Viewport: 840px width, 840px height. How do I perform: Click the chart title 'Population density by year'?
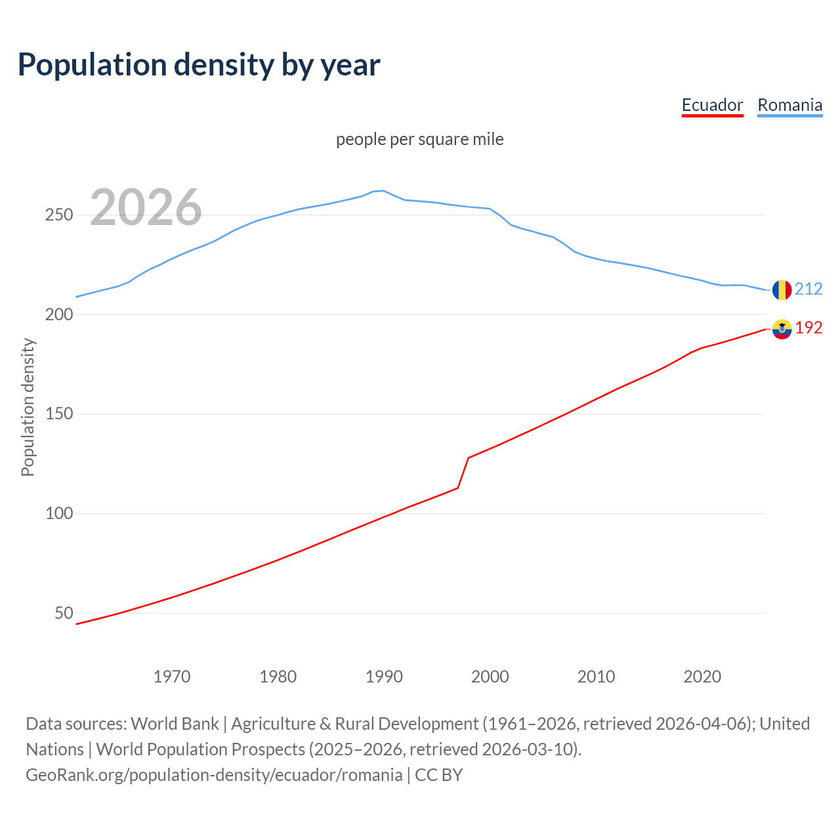pyautogui.click(x=199, y=65)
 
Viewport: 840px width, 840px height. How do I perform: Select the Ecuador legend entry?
pyautogui.click(x=712, y=105)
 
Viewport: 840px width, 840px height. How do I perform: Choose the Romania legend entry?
pyautogui.click(x=789, y=105)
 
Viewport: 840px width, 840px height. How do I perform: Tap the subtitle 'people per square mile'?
pyautogui.click(x=419, y=139)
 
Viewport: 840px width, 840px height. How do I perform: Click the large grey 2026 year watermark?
pyautogui.click(x=146, y=208)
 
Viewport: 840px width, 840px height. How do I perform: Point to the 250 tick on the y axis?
pyautogui.click(x=58, y=215)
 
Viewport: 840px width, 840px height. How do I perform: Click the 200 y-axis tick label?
pyautogui.click(x=58, y=315)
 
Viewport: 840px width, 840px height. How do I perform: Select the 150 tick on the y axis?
pyautogui.click(x=58, y=414)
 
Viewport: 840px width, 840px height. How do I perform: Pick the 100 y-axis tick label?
pyautogui.click(x=58, y=514)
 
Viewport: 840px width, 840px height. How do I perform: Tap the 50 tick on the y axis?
pyautogui.click(x=64, y=613)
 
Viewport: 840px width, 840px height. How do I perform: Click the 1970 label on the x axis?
pyautogui.click(x=172, y=677)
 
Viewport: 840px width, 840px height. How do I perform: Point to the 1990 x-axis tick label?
pyautogui.click(x=384, y=677)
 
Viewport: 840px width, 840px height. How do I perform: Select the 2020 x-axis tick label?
pyautogui.click(x=702, y=677)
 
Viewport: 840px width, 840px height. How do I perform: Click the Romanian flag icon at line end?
pyautogui.click(x=782, y=289)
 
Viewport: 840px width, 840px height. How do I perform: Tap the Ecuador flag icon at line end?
pyautogui.click(x=782, y=329)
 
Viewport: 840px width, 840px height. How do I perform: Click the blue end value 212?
pyautogui.click(x=808, y=289)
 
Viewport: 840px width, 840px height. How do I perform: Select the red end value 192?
pyautogui.click(x=808, y=328)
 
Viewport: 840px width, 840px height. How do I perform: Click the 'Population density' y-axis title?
pyautogui.click(x=28, y=407)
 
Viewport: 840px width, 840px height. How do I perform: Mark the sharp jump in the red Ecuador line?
pyautogui.click(x=463, y=472)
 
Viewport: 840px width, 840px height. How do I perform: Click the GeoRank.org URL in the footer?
pyautogui.click(x=214, y=775)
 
